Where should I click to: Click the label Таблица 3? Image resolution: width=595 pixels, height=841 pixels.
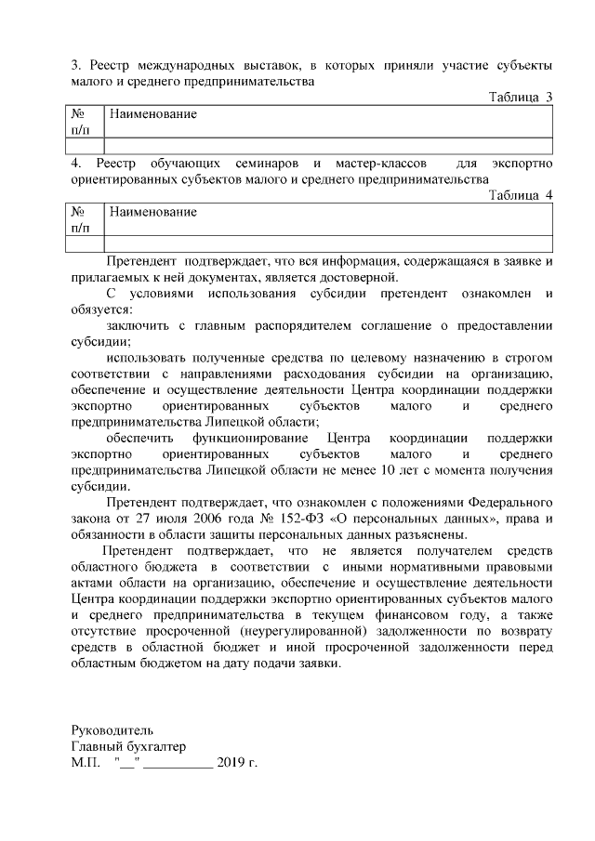pyautogui.click(x=521, y=97)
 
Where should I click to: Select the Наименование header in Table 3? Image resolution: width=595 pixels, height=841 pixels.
pyautogui.click(x=153, y=113)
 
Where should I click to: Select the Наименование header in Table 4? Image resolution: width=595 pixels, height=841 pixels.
pyautogui.click(x=153, y=212)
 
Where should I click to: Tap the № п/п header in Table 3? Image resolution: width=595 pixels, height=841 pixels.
pyautogui.click(x=80, y=122)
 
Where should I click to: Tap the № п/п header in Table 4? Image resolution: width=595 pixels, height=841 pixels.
pyautogui.click(x=80, y=219)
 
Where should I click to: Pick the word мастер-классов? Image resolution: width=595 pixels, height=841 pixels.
pyautogui.click(x=380, y=163)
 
